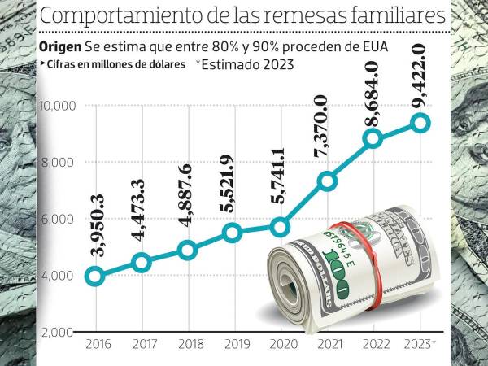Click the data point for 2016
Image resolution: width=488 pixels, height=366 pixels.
(94, 277)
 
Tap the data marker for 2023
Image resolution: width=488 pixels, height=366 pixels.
(420, 123)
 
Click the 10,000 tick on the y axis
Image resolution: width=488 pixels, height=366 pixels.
(57, 105)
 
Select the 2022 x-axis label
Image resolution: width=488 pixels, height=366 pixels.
(373, 346)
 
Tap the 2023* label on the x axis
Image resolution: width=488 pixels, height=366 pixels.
(421, 346)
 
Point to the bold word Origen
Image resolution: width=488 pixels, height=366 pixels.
(60, 46)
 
